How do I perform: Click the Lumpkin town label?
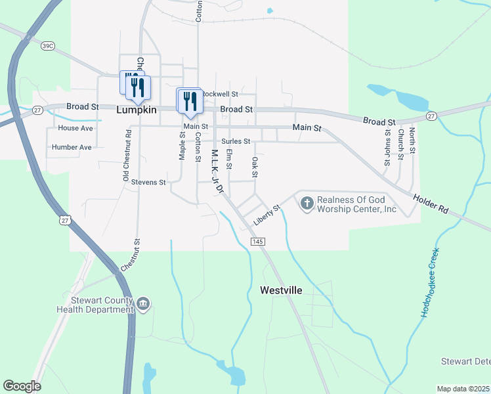point(137,110)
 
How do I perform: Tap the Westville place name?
point(281,290)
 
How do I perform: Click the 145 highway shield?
point(257,242)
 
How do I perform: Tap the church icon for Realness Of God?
point(307,204)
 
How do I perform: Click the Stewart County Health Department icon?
point(144,304)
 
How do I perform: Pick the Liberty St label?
point(267,216)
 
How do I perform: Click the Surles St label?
point(236,141)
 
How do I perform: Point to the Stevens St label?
point(148,183)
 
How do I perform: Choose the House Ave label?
point(75,128)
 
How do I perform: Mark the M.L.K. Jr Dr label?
point(217,171)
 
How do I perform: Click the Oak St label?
point(255,167)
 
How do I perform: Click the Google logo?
point(22,386)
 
